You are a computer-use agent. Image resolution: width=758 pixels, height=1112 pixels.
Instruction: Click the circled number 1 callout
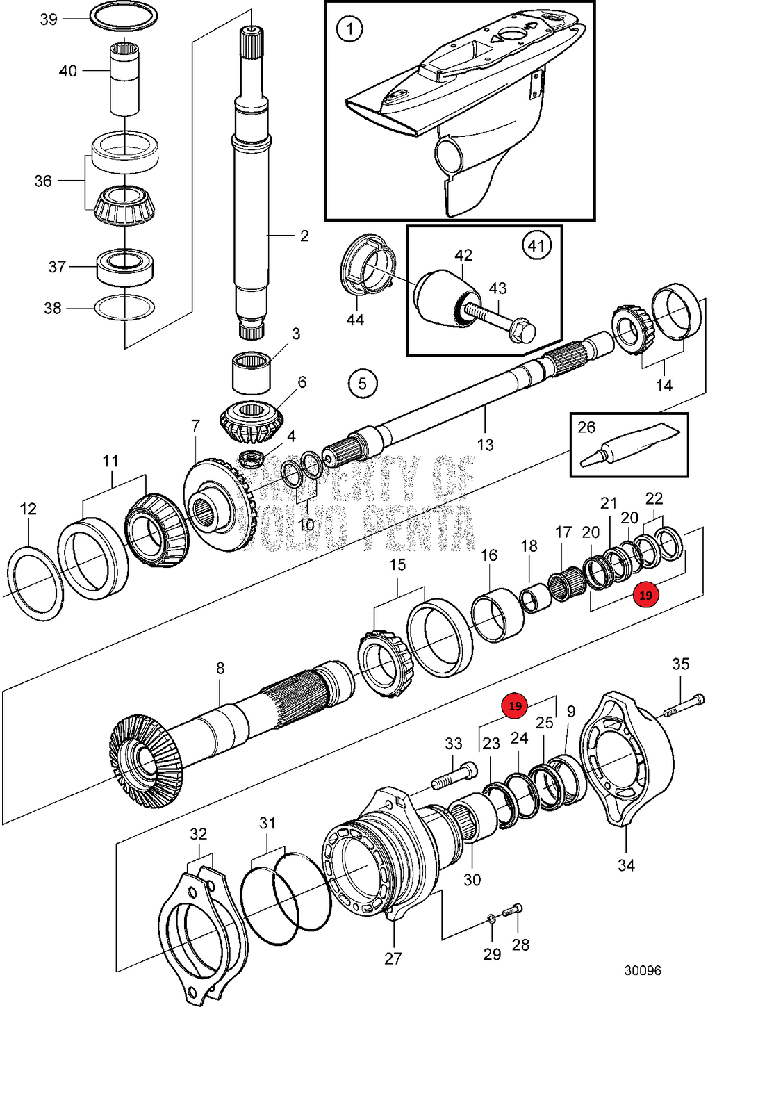click(x=349, y=29)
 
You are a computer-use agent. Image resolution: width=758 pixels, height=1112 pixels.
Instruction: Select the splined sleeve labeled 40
click(x=125, y=78)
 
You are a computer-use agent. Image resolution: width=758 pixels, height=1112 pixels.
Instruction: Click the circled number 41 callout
click(x=536, y=245)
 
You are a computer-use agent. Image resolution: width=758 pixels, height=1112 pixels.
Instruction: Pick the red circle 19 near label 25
click(x=515, y=706)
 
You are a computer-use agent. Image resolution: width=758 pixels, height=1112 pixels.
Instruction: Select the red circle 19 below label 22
click(x=646, y=596)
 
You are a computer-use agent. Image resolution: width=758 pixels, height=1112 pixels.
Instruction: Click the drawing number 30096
click(x=643, y=970)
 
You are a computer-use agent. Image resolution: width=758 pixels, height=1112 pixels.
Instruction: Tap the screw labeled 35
click(x=684, y=705)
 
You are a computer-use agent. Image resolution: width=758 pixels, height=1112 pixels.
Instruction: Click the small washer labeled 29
click(x=491, y=919)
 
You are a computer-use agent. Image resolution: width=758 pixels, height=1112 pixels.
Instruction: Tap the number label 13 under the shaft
click(x=485, y=445)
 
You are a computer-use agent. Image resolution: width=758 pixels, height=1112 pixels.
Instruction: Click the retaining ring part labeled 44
click(x=367, y=265)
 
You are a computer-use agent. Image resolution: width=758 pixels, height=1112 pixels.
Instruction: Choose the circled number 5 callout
click(x=363, y=384)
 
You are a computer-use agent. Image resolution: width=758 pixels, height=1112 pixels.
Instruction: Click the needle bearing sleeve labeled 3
click(x=251, y=373)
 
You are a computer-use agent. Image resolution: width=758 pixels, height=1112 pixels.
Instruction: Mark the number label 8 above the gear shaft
click(x=220, y=668)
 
